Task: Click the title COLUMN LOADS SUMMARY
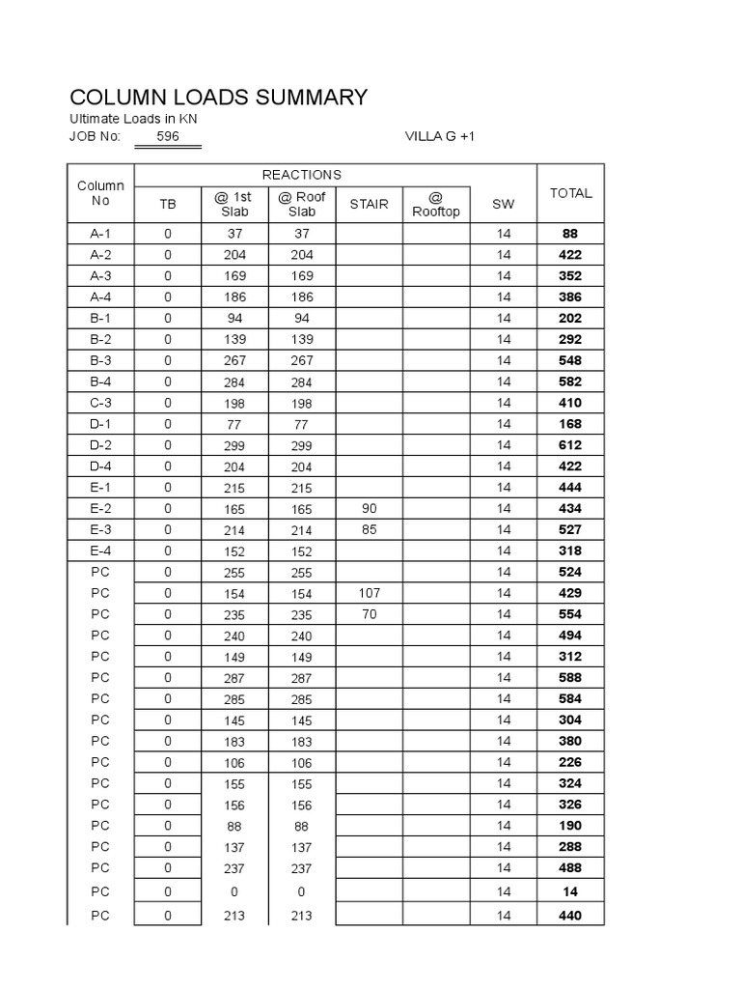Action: pos(219,97)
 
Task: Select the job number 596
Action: pos(168,136)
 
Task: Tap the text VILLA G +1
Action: pos(440,136)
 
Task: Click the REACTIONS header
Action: pos(302,175)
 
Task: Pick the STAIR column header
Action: pos(369,204)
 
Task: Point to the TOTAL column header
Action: pos(570,193)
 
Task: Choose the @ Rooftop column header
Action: pos(436,204)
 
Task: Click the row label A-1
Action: pos(101,234)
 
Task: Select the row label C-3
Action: pos(101,403)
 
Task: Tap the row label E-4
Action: pos(101,551)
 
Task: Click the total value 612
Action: pos(570,445)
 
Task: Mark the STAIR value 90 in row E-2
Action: pos(369,508)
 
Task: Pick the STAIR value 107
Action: pos(369,593)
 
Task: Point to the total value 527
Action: pos(570,529)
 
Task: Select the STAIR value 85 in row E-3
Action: pos(369,529)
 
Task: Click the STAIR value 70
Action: pos(369,614)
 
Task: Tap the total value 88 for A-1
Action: pos(570,234)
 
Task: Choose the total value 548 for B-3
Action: pos(570,360)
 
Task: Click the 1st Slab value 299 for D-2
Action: pos(234,445)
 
